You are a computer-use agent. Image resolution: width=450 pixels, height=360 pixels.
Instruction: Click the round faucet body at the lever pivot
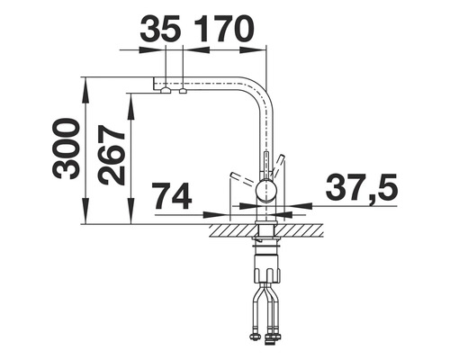[265, 189]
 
